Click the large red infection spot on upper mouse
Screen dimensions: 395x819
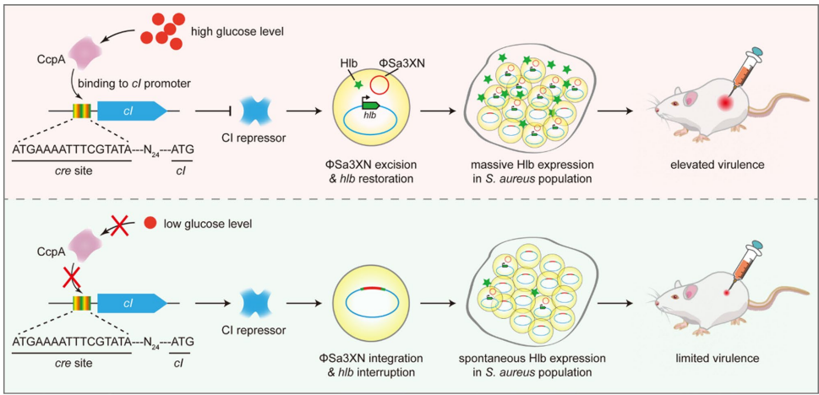724,101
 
